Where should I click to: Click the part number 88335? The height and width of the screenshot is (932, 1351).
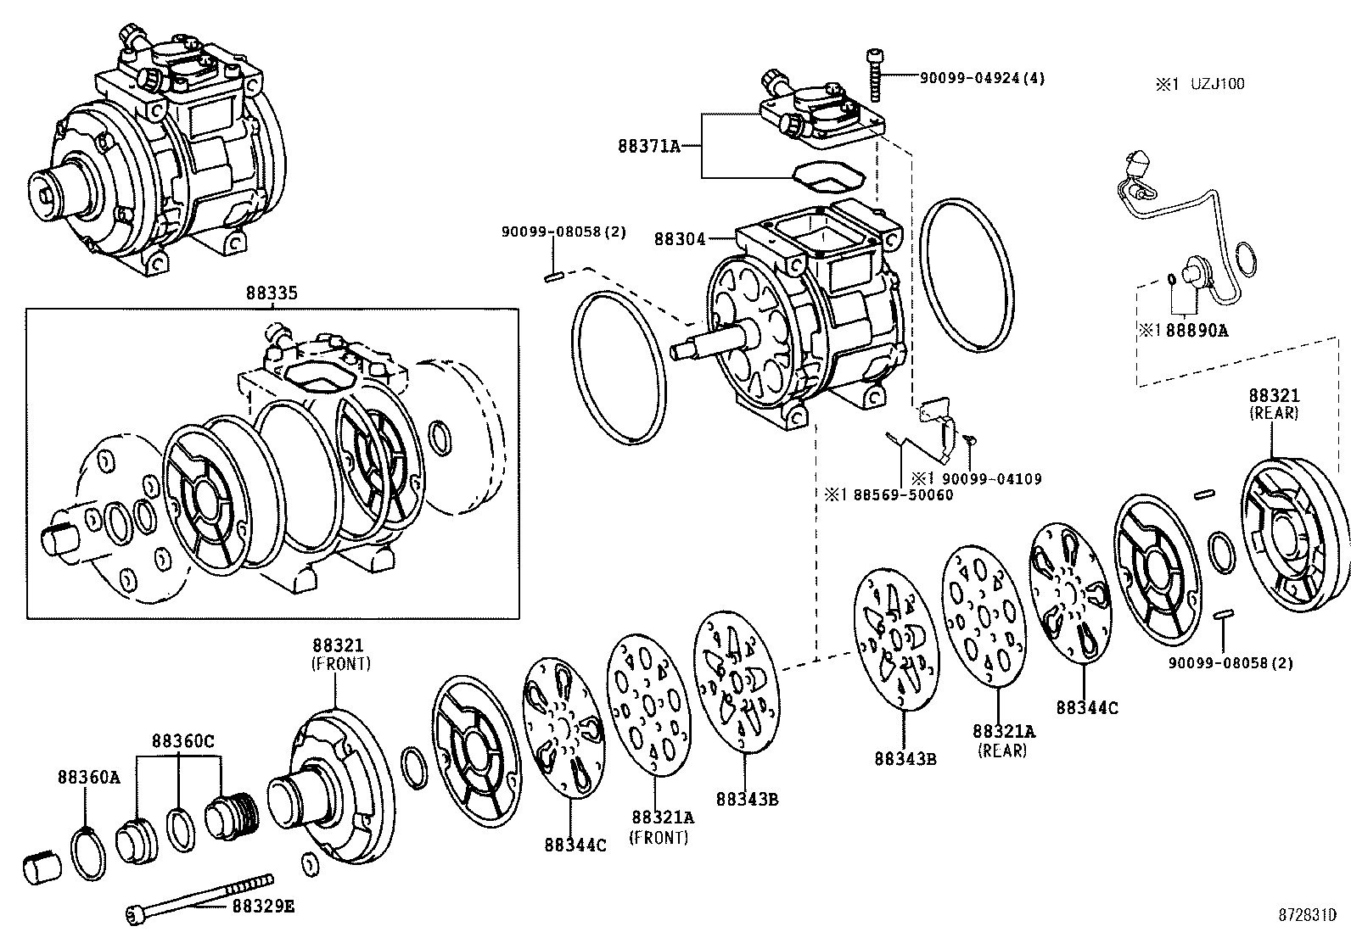[272, 293]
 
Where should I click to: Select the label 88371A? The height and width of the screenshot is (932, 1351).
[649, 146]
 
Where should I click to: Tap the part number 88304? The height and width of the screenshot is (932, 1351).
[680, 239]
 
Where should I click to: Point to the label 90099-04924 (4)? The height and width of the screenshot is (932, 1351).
[982, 78]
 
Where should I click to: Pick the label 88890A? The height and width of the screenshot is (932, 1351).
[1197, 331]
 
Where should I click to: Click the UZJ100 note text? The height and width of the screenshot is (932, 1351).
[1217, 84]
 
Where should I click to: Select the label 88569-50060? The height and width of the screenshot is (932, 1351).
[904, 495]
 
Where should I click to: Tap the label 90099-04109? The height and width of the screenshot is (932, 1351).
[991, 479]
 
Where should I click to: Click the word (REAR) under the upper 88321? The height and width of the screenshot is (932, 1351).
[1274, 413]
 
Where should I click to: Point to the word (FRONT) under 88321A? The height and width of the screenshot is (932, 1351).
[659, 838]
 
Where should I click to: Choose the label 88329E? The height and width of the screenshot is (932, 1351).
[264, 906]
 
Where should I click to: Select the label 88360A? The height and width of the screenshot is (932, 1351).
[88, 777]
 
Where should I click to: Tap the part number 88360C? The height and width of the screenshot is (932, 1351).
[182, 740]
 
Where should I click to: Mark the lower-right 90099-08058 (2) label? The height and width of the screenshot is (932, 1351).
[1231, 663]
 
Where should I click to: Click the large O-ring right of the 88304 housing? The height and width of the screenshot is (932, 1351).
[967, 276]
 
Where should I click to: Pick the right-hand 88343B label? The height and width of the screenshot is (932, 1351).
[905, 759]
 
